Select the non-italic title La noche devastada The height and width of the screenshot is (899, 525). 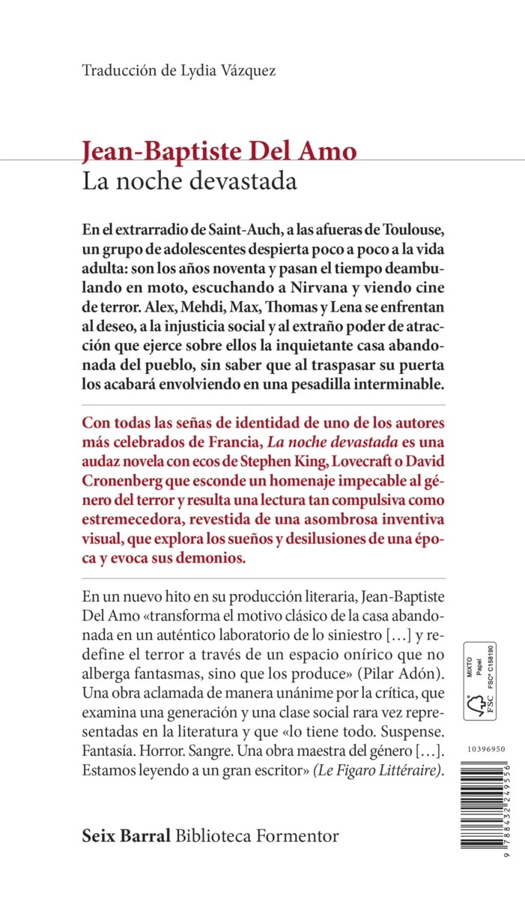(x=190, y=181)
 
